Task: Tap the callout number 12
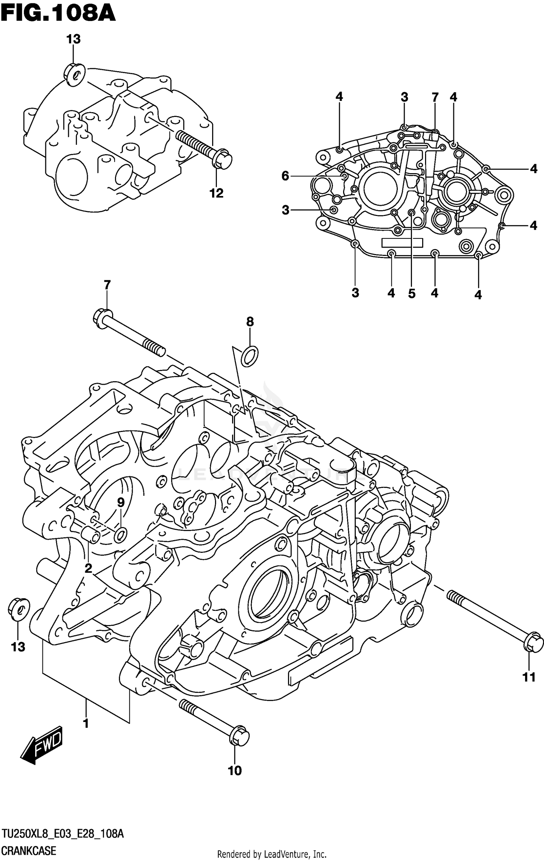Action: tap(217, 193)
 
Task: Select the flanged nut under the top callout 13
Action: tap(74, 75)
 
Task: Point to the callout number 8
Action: tap(250, 322)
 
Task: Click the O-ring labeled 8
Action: tap(250, 356)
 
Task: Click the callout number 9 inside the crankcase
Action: tap(120, 502)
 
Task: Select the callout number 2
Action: tap(88, 569)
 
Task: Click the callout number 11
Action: tap(529, 677)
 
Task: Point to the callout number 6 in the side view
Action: tap(285, 176)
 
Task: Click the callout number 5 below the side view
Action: tap(411, 293)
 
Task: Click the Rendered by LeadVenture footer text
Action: tap(272, 853)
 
